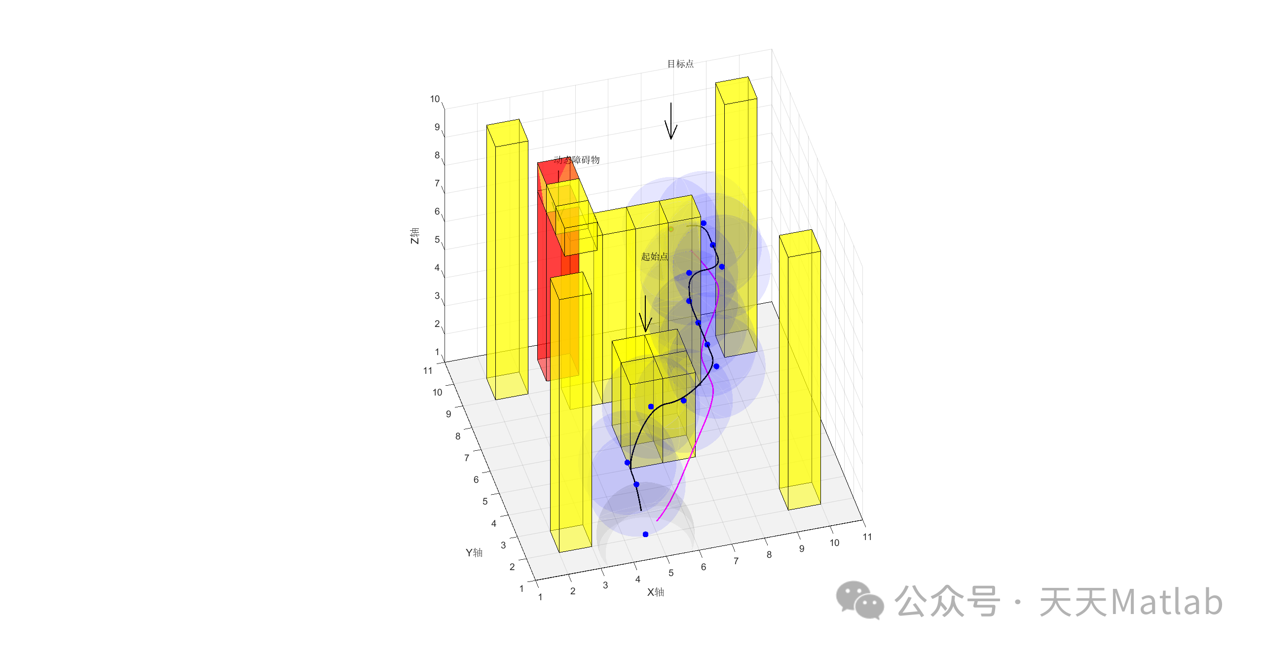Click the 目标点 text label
pyautogui.click(x=680, y=64)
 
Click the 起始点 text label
pyautogui.click(x=654, y=256)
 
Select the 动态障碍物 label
pyautogui.click(x=576, y=160)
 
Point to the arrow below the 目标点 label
pyautogui.click(x=671, y=121)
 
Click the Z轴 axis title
pyautogui.click(x=414, y=236)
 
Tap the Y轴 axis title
pyautogui.click(x=474, y=552)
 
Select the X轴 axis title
pyautogui.click(x=656, y=592)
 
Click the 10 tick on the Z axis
pyautogui.click(x=435, y=99)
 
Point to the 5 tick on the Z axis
pyautogui.click(x=437, y=240)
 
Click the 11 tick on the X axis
pyautogui.click(x=867, y=537)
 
